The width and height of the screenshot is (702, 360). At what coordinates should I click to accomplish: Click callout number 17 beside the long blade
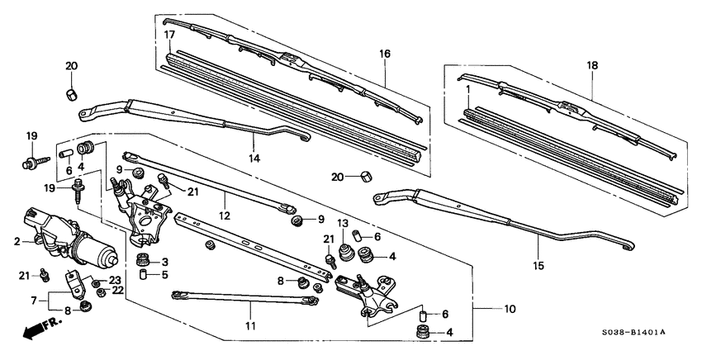168,35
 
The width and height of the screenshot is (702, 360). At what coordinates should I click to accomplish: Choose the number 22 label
118,290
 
